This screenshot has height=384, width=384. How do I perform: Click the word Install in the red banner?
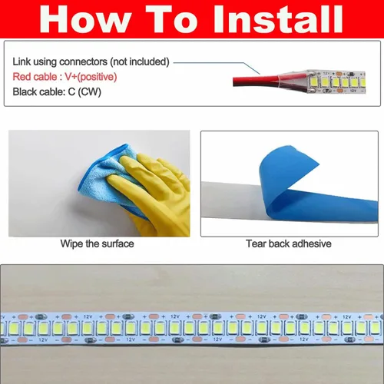click(x=278, y=18)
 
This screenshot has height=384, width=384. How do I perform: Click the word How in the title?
click(x=85, y=19)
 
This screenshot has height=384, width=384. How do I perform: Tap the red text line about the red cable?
click(x=65, y=77)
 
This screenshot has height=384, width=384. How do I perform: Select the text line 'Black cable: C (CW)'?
click(x=57, y=92)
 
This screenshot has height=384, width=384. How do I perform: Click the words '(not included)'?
click(x=140, y=61)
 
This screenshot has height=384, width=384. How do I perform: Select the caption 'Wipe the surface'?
click(x=97, y=243)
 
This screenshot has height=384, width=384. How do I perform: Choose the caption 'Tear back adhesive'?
click(x=289, y=243)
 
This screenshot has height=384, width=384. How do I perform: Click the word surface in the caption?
click(x=118, y=243)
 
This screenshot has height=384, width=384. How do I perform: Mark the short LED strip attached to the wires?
click(x=336, y=81)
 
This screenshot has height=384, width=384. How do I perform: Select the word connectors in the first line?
click(x=83, y=62)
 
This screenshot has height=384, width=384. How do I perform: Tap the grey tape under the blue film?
click(x=230, y=200)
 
